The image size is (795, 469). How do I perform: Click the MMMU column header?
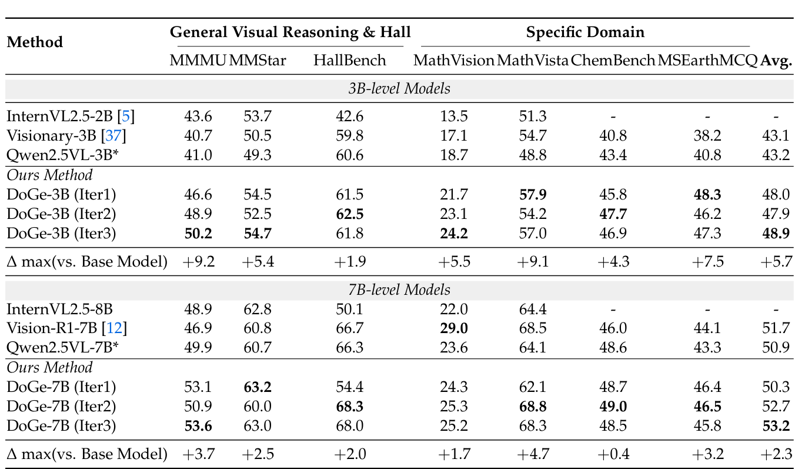click(x=197, y=61)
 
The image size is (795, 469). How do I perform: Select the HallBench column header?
click(x=349, y=61)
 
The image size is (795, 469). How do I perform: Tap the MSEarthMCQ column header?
click(x=707, y=61)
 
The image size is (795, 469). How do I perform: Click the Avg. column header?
click(x=776, y=61)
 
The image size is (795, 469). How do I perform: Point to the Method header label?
click(x=35, y=42)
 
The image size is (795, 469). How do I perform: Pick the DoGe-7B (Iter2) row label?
click(x=61, y=407)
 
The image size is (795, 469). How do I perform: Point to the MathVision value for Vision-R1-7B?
click(x=453, y=328)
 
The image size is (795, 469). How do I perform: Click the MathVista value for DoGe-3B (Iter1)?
click(x=533, y=194)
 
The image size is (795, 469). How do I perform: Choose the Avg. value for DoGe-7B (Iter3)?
click(x=776, y=426)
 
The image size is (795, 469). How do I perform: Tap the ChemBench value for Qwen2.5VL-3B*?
click(x=613, y=155)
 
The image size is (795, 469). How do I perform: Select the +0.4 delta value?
click(x=613, y=454)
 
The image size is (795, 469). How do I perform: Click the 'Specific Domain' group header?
click(x=585, y=32)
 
